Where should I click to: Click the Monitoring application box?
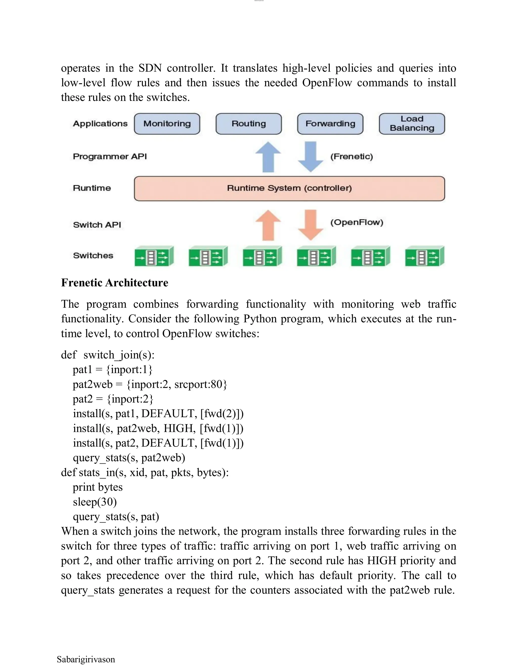167,124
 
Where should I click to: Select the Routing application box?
249,124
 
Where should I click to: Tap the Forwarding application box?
330,124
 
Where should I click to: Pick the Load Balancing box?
412,124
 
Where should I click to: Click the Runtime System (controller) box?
289,188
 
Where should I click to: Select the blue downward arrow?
311,157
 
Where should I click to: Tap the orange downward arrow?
311,225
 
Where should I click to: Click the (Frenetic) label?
351,157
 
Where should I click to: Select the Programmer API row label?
110,157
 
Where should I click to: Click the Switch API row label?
97,225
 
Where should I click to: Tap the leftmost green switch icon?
154,256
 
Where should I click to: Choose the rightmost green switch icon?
425,256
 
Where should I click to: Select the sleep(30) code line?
95,502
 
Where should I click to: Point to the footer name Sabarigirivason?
86,659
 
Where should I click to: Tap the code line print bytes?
98,487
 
